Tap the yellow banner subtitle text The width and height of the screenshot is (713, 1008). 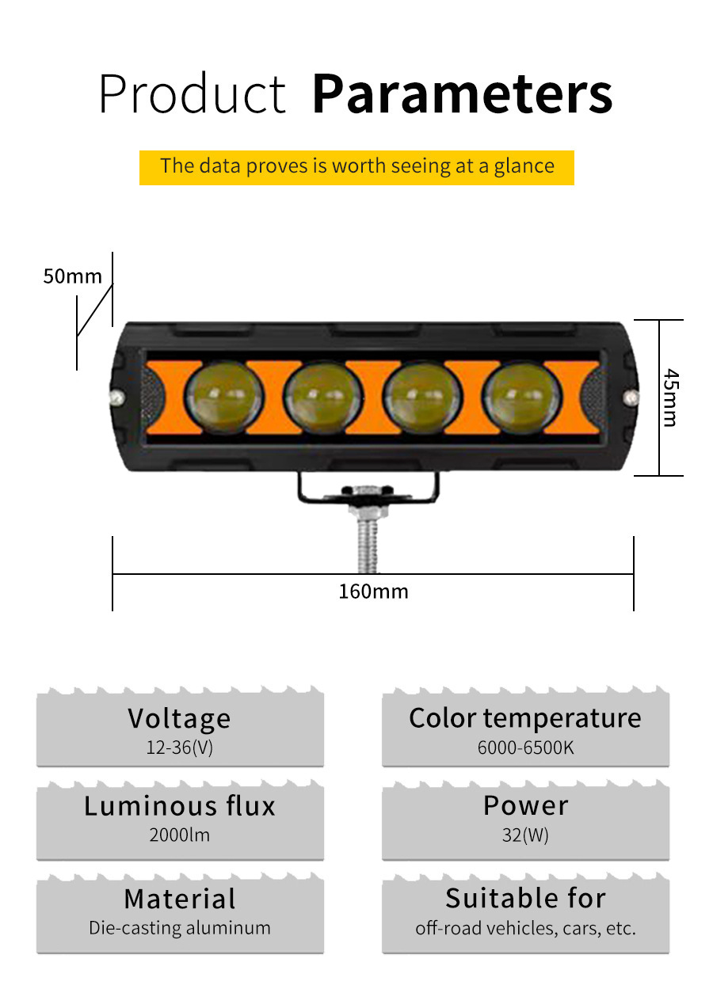(x=356, y=166)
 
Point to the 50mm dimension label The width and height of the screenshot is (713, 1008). (x=72, y=276)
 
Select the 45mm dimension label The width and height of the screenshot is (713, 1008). (x=670, y=397)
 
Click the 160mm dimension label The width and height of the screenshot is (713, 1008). (x=373, y=591)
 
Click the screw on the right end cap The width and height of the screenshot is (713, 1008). (x=631, y=395)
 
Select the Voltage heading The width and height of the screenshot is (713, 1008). (x=180, y=718)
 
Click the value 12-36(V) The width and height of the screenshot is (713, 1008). (x=180, y=747)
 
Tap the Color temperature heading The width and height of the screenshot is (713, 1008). (x=525, y=718)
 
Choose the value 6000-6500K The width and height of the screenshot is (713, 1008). (x=525, y=747)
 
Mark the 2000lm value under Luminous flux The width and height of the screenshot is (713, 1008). (x=180, y=835)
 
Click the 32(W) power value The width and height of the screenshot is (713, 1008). (x=525, y=835)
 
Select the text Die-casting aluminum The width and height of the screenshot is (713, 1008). (x=180, y=928)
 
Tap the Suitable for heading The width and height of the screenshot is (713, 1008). (x=525, y=899)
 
